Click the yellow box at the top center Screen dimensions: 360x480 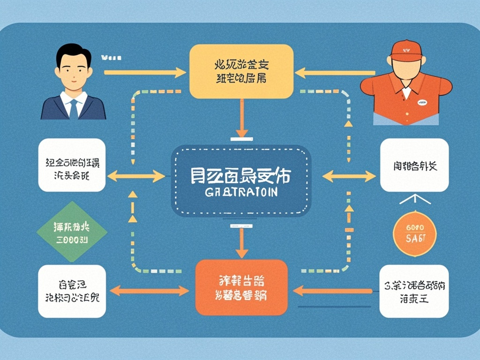[241, 71]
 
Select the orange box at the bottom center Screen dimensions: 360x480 [241, 287]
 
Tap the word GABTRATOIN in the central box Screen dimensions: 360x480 [241, 192]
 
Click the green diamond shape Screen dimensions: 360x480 [72, 232]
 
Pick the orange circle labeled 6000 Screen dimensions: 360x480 [413, 233]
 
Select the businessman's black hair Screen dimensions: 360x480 [73, 52]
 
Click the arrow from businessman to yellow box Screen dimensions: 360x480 [145, 73]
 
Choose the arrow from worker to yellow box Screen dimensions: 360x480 [335, 73]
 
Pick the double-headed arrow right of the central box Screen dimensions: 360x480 [349, 177]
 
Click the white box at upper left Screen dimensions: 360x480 [72, 165]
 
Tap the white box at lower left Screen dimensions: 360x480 [72, 291]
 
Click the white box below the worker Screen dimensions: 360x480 [414, 165]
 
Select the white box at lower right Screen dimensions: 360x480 [414, 291]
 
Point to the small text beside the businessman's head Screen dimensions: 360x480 [111, 58]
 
